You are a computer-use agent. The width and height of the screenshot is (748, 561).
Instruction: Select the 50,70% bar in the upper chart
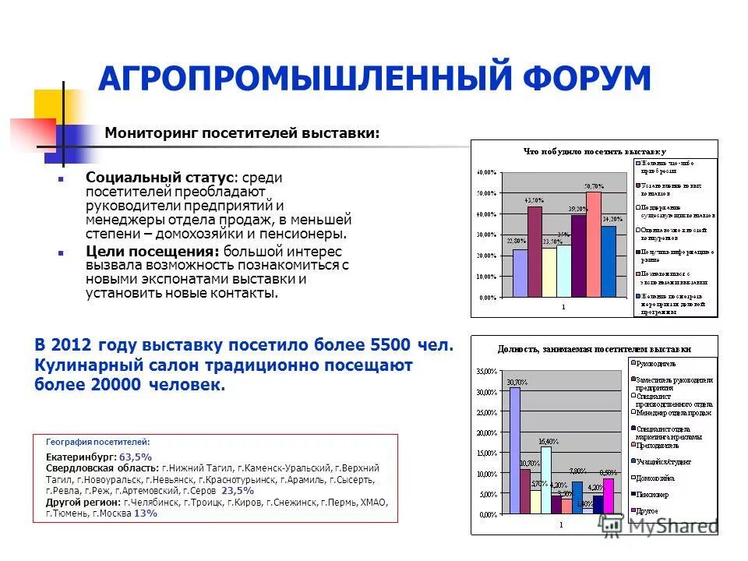[x=593, y=245]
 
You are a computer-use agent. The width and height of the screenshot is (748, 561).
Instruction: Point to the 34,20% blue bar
[x=608, y=261]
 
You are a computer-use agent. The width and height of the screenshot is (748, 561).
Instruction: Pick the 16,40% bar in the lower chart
[x=545, y=480]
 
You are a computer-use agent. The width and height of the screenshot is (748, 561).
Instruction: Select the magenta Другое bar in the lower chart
[x=609, y=496]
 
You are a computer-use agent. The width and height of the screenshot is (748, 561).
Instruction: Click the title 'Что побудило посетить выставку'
[x=595, y=150]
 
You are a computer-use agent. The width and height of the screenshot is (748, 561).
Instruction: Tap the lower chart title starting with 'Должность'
[x=594, y=349]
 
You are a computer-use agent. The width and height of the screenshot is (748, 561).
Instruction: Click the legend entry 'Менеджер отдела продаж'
[x=673, y=413]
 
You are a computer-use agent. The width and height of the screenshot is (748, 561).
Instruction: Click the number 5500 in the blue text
[x=372, y=344]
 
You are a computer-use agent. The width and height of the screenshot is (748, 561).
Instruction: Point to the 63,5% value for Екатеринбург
[x=136, y=457]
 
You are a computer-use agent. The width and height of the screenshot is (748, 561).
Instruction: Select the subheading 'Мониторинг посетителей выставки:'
[x=242, y=133]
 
